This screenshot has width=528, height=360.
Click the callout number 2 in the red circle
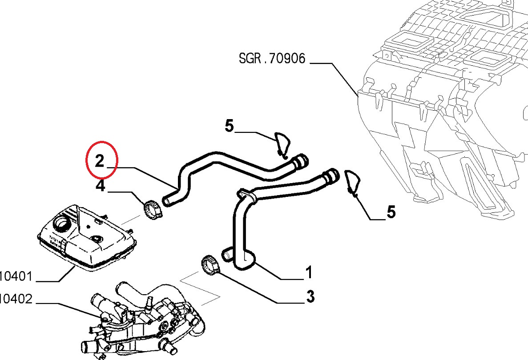100,160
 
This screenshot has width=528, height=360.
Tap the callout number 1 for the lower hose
308,272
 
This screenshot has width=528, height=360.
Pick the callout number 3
310,296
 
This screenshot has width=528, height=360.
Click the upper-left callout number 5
229,126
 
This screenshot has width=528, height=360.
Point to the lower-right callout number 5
391,212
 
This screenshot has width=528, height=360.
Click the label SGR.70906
272,58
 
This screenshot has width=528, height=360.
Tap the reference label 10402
16,298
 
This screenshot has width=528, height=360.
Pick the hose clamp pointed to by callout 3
211,265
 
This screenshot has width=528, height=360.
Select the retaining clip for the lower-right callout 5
353,182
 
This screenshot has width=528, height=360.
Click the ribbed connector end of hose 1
331,175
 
